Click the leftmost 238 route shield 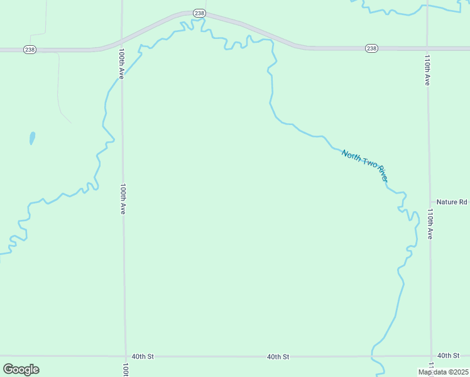pos(30,49)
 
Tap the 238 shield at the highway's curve pos(199,13)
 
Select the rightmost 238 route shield pos(371,48)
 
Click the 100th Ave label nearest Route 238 pos(121,64)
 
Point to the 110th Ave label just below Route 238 pos(427,70)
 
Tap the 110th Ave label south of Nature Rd pos(430,224)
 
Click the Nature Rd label pos(452,202)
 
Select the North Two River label pos(364,166)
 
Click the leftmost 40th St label pos(143,356)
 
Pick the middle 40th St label pos(278,356)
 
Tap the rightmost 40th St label pos(448,356)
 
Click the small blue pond pos(32,138)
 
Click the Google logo pos(21,369)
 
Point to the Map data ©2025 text pos(443,372)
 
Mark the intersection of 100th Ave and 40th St pos(125,356)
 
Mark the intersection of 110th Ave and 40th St pos(431,356)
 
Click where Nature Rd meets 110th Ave pos(429,202)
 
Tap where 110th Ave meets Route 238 pos(427,48)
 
